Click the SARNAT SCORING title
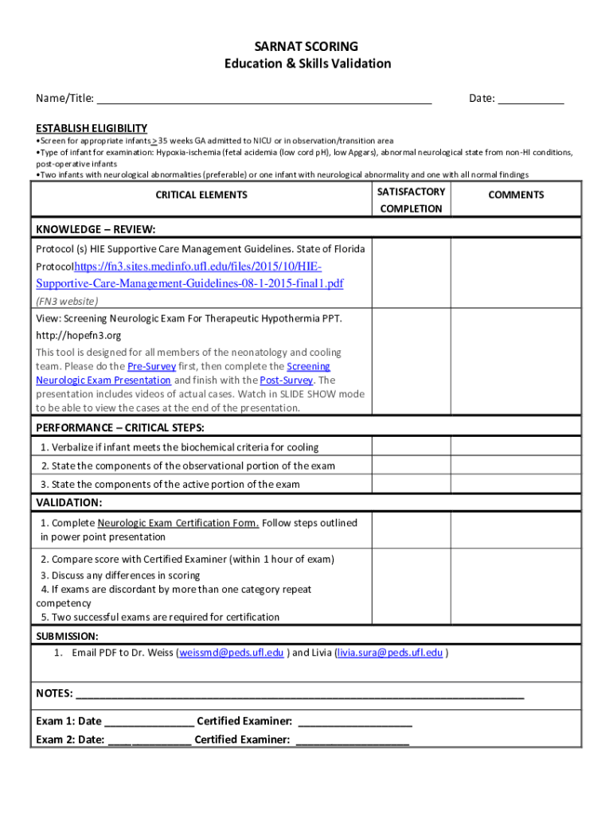306,46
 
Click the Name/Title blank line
264,99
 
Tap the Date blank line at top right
531,99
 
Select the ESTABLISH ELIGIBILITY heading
92,128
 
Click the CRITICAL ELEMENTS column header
201,195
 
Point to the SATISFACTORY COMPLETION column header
411,200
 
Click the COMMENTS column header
516,195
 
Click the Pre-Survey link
151,366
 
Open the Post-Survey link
285,380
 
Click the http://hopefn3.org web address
78,336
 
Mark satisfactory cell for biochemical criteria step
411,447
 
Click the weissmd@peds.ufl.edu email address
232,653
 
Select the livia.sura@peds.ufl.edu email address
390,653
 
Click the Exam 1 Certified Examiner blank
355,722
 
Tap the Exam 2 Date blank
149,740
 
